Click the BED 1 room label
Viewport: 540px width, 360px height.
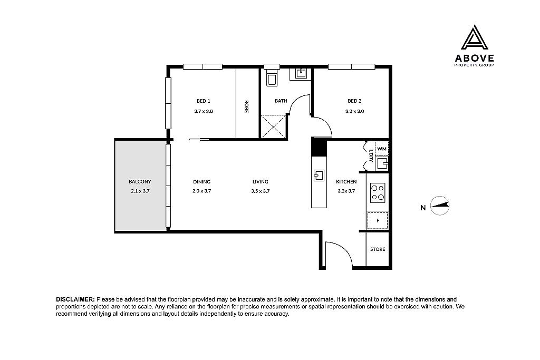(x=203, y=101)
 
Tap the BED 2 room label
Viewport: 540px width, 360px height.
(x=354, y=101)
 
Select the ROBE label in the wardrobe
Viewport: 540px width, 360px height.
(x=246, y=106)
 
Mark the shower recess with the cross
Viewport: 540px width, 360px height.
(x=274, y=127)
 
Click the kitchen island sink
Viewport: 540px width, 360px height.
(x=319, y=175)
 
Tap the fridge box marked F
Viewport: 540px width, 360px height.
(x=378, y=221)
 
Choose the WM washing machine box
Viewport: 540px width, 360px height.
(x=382, y=149)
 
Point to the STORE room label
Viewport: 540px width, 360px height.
(x=378, y=249)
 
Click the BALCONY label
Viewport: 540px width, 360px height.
(x=140, y=181)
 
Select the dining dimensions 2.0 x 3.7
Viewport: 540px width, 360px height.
(x=202, y=191)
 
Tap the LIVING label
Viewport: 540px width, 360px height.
(x=260, y=181)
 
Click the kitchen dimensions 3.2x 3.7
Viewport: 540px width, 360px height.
(x=345, y=191)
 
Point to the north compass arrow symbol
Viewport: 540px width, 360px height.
(x=440, y=206)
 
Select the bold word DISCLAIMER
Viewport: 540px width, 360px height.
(x=75, y=299)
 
